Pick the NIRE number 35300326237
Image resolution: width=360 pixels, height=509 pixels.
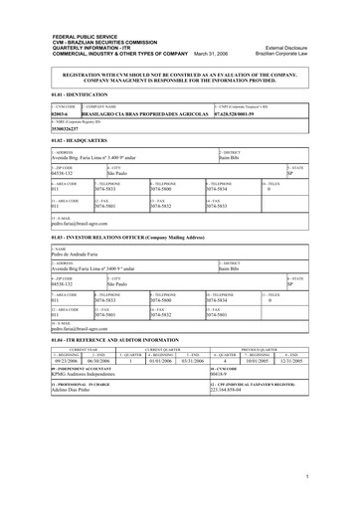coord(39,129)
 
